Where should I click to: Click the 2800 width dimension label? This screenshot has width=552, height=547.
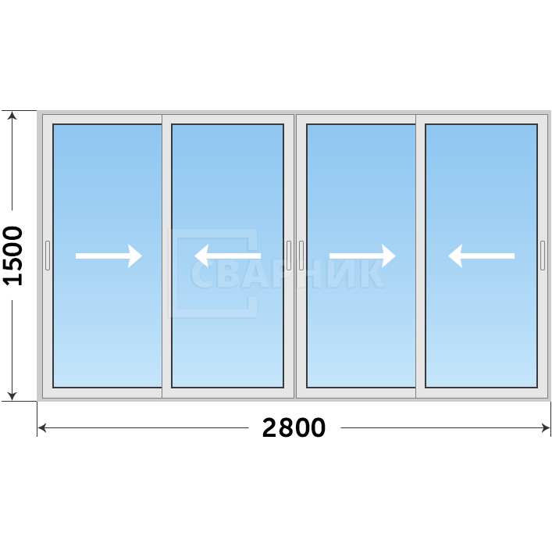pos(294,427)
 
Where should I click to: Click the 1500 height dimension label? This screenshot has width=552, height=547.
pos(12,256)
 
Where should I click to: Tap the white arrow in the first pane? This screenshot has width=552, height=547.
pos(109,256)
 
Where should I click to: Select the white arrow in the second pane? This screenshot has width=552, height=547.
pos(228,256)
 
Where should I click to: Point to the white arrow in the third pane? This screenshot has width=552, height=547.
pos(362,256)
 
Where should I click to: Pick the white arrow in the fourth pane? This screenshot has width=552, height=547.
pos(481,256)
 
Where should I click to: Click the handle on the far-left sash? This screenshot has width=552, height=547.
pos(48,256)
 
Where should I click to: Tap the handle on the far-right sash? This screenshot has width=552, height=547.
pos(543,256)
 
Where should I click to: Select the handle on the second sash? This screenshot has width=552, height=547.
pos(289,256)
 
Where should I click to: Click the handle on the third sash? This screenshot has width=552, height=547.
pos(301,256)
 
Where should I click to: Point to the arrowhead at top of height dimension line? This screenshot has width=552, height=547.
pos(12,116)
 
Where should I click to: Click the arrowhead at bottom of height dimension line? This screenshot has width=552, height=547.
pos(12,396)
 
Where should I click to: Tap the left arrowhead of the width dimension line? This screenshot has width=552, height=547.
pos(42,428)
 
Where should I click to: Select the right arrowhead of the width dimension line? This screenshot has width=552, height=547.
pos(546,428)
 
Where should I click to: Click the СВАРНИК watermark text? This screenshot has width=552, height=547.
pos(287,273)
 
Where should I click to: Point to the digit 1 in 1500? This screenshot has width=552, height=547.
pos(12,280)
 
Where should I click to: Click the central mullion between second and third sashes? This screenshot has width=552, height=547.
pos(295,256)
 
